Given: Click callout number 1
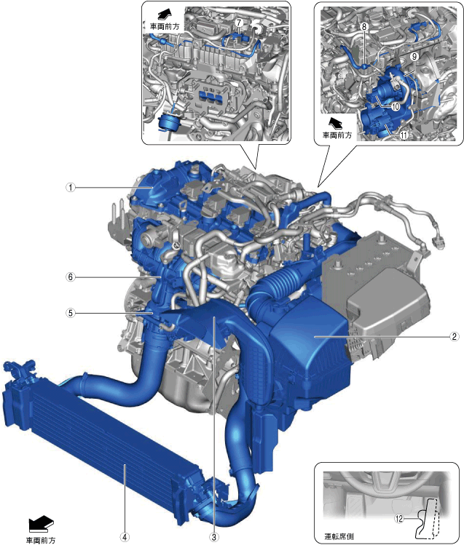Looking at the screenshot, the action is pos(71,188).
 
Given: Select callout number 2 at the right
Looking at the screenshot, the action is pos(454,336).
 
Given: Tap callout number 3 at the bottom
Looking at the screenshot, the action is pos(214,537).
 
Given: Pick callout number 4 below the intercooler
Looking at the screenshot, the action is pos(125,537).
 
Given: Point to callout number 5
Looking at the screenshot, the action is pos(71,313).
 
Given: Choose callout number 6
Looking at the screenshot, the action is pos(71,277).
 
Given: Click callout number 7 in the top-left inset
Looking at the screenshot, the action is pos(239,23).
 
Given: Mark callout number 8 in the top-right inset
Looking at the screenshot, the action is pos(364,26).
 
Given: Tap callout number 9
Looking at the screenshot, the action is pos(414,56).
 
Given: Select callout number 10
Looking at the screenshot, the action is pos(396,107).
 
